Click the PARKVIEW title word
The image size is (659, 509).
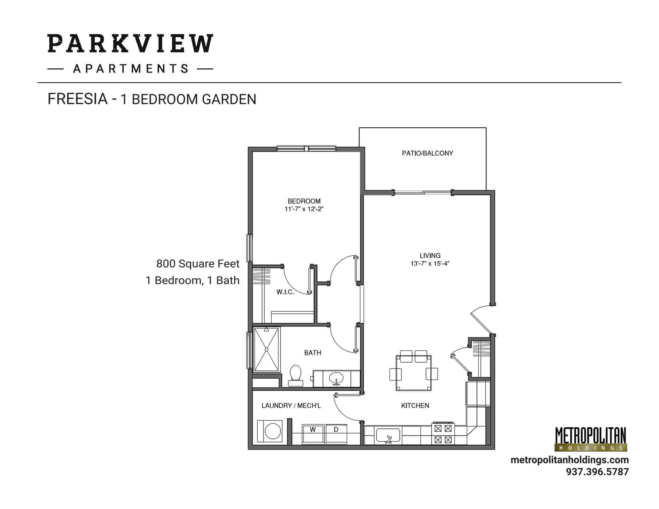[x=130, y=44]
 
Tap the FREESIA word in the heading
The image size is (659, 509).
[x=77, y=99]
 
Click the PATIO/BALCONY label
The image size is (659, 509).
[x=427, y=153]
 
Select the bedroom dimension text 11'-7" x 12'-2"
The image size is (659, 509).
[x=304, y=209]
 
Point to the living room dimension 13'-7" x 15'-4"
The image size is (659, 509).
[x=430, y=263]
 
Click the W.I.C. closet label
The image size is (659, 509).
[x=285, y=292]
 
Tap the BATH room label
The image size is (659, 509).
[x=312, y=352]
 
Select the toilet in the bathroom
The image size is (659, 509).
[x=295, y=375]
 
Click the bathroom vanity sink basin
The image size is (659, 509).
[x=337, y=378]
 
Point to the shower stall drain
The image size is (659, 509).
[x=266, y=350]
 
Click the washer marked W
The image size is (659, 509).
[x=313, y=433]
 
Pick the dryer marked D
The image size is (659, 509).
[x=336, y=433]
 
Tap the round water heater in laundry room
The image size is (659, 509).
[x=270, y=432]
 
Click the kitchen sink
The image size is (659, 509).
[x=388, y=436]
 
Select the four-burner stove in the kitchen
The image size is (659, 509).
[x=443, y=434]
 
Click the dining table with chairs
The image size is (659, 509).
[x=414, y=373]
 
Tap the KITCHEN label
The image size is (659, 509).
[x=415, y=406]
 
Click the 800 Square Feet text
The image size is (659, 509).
[x=198, y=264]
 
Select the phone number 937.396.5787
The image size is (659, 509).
[x=597, y=472]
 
